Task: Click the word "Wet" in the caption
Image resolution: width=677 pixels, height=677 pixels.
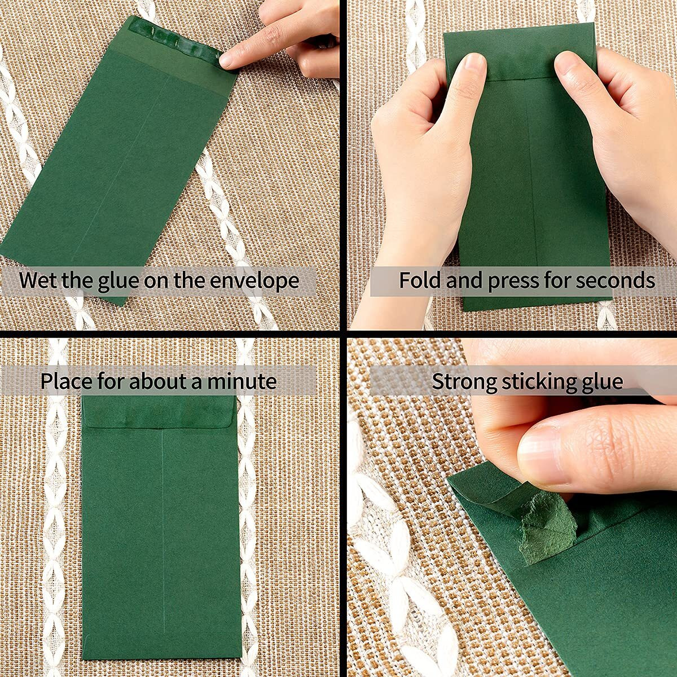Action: pos(38,280)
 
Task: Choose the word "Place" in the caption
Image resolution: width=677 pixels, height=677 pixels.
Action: pos(65,381)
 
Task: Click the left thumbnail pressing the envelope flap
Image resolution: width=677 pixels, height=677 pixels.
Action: pos(473,71)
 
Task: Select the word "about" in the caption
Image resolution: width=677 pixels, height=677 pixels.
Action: pos(160,381)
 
